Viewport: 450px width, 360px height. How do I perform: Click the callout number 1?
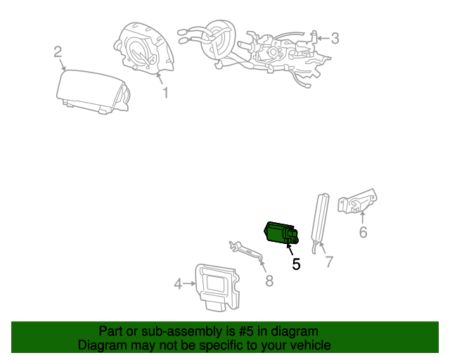point(166,93)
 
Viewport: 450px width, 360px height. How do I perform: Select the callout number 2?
point(58,51)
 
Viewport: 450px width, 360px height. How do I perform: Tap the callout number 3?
point(335,38)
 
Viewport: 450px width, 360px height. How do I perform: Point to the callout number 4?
point(178,283)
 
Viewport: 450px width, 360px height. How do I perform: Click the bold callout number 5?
point(296,264)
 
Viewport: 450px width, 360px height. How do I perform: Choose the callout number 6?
point(363,231)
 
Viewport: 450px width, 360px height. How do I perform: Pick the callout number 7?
point(328,262)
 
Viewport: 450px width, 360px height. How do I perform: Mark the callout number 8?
point(269,281)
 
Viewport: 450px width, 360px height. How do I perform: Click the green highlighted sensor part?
point(280,233)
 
